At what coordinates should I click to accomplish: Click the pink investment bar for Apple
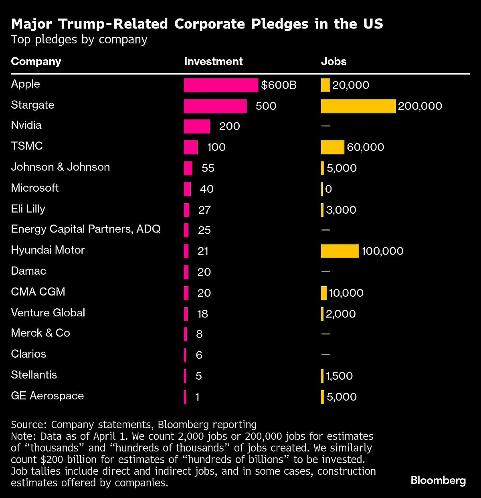(x=221, y=85)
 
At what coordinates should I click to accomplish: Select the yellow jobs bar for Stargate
(x=358, y=106)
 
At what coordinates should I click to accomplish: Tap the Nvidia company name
(x=26, y=125)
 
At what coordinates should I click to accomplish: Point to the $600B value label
(x=279, y=85)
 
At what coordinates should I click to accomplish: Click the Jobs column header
(x=333, y=61)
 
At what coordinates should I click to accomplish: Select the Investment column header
(x=213, y=61)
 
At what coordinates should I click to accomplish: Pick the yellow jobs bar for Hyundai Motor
(x=340, y=251)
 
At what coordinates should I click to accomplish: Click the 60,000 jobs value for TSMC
(x=365, y=147)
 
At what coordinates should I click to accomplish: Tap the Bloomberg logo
(x=438, y=480)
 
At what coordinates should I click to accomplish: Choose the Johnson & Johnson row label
(x=60, y=167)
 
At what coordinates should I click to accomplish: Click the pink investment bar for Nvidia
(x=197, y=126)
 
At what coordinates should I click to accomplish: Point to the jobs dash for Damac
(x=325, y=272)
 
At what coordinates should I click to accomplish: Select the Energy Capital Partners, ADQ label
(x=85, y=229)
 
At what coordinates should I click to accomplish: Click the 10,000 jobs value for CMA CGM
(x=346, y=293)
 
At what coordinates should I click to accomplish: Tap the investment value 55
(x=208, y=168)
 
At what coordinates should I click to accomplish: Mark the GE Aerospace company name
(x=47, y=396)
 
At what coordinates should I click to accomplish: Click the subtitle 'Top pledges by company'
(x=79, y=40)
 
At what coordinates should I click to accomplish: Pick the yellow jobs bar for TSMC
(x=332, y=147)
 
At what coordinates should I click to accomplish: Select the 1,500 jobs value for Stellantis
(x=339, y=376)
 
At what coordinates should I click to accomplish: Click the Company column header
(x=36, y=61)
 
